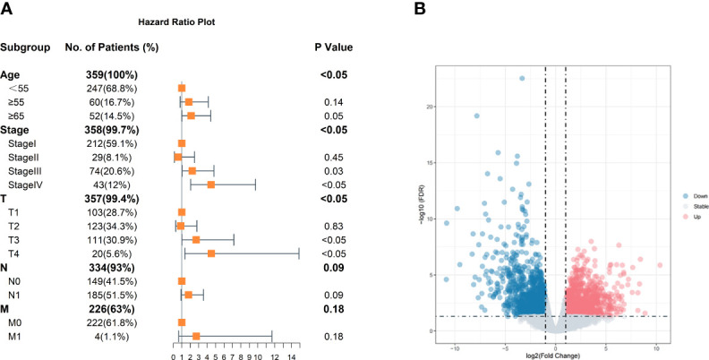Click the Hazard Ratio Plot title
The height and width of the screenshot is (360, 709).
coord(158,20)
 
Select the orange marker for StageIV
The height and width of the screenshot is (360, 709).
coord(211,184)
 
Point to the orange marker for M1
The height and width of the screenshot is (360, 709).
coord(196,336)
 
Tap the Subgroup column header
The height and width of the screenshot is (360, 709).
coord(25,47)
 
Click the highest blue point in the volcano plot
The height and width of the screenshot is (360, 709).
coord(522,79)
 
